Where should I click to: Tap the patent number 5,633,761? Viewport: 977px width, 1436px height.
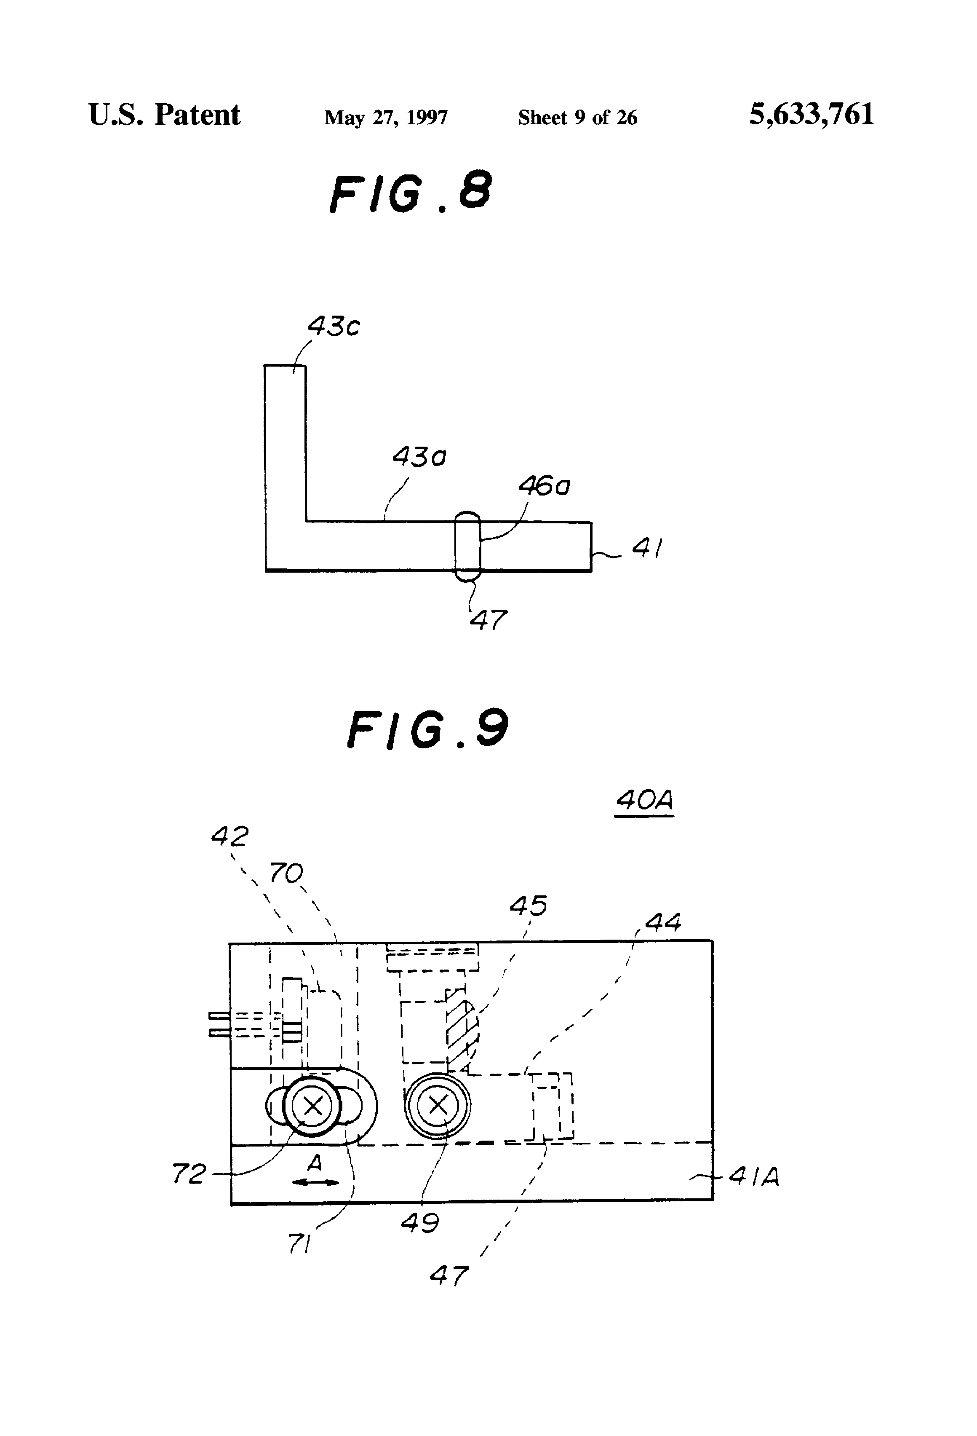point(811,115)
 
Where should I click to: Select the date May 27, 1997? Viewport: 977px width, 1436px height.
point(386,118)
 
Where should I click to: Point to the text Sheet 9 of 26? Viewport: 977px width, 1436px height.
point(577,118)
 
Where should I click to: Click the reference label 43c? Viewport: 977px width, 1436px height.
point(334,326)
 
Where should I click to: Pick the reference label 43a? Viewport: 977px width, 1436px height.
point(419,457)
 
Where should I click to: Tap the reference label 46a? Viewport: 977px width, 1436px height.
point(544,486)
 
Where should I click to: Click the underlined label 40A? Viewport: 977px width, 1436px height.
point(644,801)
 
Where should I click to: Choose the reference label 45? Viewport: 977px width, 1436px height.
point(529,906)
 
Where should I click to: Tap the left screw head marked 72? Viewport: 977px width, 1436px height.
point(312,1105)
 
